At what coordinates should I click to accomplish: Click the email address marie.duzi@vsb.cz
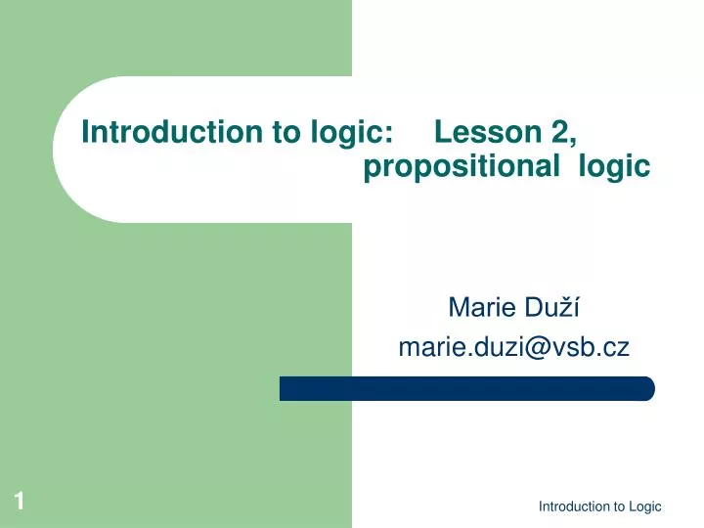coord(513,345)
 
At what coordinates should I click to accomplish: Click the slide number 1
coord(19,503)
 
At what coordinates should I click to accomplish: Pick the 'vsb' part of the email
coord(580,346)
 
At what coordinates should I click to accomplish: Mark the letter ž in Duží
coord(569,309)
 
